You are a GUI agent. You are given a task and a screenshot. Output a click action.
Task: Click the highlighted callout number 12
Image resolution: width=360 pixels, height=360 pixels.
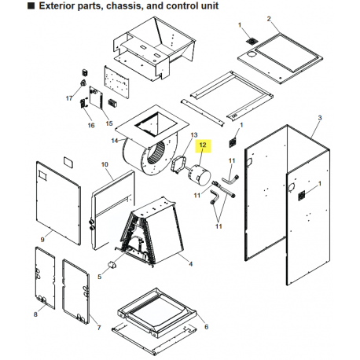[x=203, y=145]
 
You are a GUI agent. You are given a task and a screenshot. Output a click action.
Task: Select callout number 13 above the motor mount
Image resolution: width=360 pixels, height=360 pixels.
[x=194, y=135]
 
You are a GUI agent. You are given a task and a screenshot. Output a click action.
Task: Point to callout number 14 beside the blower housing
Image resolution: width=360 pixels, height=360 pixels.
[x=115, y=141]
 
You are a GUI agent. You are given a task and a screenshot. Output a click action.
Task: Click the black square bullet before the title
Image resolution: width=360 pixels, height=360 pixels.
[x=31, y=6]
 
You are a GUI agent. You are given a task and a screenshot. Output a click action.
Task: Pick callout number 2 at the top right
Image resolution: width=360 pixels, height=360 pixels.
[x=269, y=19]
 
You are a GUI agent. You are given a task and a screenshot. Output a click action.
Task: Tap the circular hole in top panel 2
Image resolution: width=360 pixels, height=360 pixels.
[x=252, y=54]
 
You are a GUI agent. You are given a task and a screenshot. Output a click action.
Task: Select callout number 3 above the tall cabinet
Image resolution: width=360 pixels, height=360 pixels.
[x=320, y=118]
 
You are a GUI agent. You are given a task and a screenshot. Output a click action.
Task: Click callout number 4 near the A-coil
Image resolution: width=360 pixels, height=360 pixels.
[x=191, y=264]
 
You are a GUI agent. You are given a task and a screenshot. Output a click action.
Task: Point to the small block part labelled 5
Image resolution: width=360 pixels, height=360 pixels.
[x=112, y=265]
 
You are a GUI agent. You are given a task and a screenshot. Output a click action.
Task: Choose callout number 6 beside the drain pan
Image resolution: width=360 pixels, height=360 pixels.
[x=207, y=327]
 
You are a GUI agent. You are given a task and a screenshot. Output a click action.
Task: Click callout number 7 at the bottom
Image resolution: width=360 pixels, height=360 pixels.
[x=99, y=328]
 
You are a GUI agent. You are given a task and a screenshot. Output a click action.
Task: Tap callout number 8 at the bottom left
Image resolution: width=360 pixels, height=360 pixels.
[x=35, y=314]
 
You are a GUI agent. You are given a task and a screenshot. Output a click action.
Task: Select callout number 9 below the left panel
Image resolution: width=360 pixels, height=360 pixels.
[x=42, y=240]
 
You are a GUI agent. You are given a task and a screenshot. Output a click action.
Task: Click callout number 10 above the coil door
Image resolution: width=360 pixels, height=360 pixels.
[x=105, y=164]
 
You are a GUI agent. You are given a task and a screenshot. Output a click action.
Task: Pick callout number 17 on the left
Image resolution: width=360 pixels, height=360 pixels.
[x=69, y=98]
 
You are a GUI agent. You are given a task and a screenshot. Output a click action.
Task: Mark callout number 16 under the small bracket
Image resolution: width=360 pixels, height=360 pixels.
[x=91, y=126]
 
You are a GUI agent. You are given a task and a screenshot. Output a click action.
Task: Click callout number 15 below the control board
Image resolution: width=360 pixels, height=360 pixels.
[x=109, y=123]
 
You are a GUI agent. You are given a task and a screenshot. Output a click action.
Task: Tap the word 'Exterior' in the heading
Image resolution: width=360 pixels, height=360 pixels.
[x=57, y=6]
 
